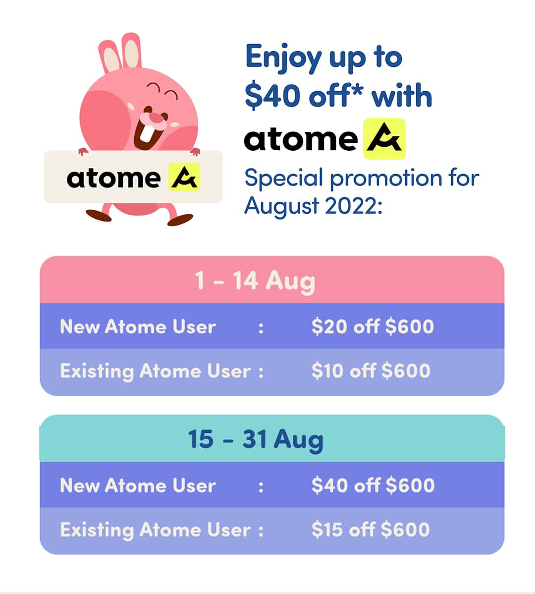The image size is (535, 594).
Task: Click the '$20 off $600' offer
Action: pyautogui.click(x=373, y=326)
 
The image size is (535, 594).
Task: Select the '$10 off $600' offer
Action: pyautogui.click(x=371, y=371)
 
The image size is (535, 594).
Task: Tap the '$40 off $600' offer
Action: pyautogui.click(x=373, y=485)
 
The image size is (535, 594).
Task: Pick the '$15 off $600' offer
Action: pyautogui.click(x=371, y=530)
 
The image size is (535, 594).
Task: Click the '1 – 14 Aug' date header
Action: pyautogui.click(x=255, y=281)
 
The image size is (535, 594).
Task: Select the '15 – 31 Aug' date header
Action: pyautogui.click(x=256, y=439)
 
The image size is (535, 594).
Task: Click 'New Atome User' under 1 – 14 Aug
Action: pyautogui.click(x=138, y=327)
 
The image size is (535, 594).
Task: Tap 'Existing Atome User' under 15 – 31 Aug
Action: pyautogui.click(x=155, y=530)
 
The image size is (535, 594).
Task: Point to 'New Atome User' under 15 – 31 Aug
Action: pyautogui.click(x=138, y=485)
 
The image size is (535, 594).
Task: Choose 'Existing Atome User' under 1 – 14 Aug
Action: pyautogui.click(x=155, y=371)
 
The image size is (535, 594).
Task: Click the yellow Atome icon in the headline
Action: pyautogui.click(x=384, y=139)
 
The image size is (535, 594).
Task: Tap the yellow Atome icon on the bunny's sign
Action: pyautogui.click(x=184, y=177)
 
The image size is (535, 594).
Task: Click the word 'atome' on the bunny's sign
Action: pyautogui.click(x=113, y=178)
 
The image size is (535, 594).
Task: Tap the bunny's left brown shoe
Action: pyautogui.click(x=99, y=215)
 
